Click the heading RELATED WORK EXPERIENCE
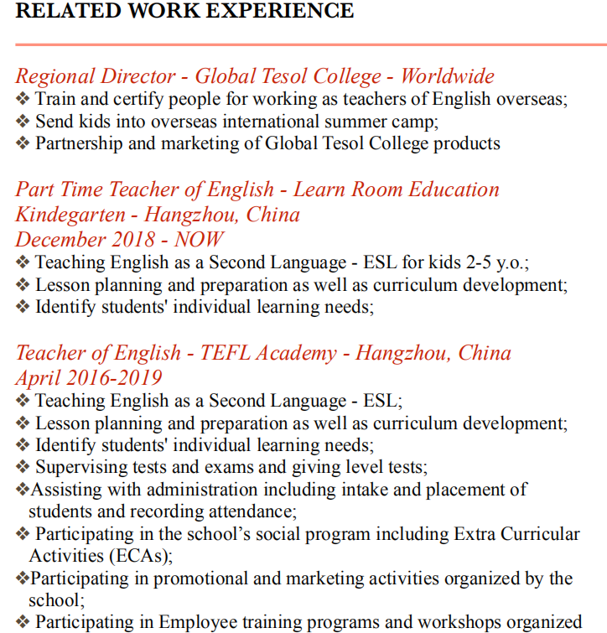pyautogui.click(x=185, y=11)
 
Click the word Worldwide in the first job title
pyautogui.click(x=447, y=76)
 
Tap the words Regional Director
pyautogui.click(x=95, y=76)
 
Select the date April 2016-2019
pyautogui.click(x=89, y=377)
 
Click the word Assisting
pyautogui.click(x=64, y=489)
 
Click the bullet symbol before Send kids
pyautogui.click(x=23, y=121)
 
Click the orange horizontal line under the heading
pyautogui.click(x=310, y=44)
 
